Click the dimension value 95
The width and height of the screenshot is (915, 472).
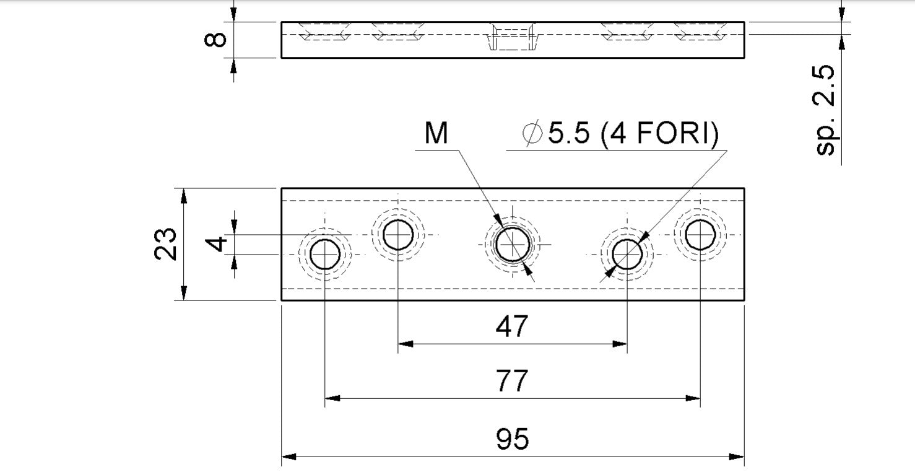pos(512,439)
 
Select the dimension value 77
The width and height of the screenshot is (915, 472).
pos(512,380)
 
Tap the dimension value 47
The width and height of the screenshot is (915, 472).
pos(512,326)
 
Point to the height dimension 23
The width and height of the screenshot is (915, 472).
pos(165,244)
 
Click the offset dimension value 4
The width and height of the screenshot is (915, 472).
pos(215,244)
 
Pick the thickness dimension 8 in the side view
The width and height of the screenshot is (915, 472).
pos(215,40)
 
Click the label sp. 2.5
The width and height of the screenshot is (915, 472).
pos(825,110)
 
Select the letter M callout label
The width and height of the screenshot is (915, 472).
pos(436,133)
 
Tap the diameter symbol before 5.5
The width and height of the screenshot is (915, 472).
pos(532,133)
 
